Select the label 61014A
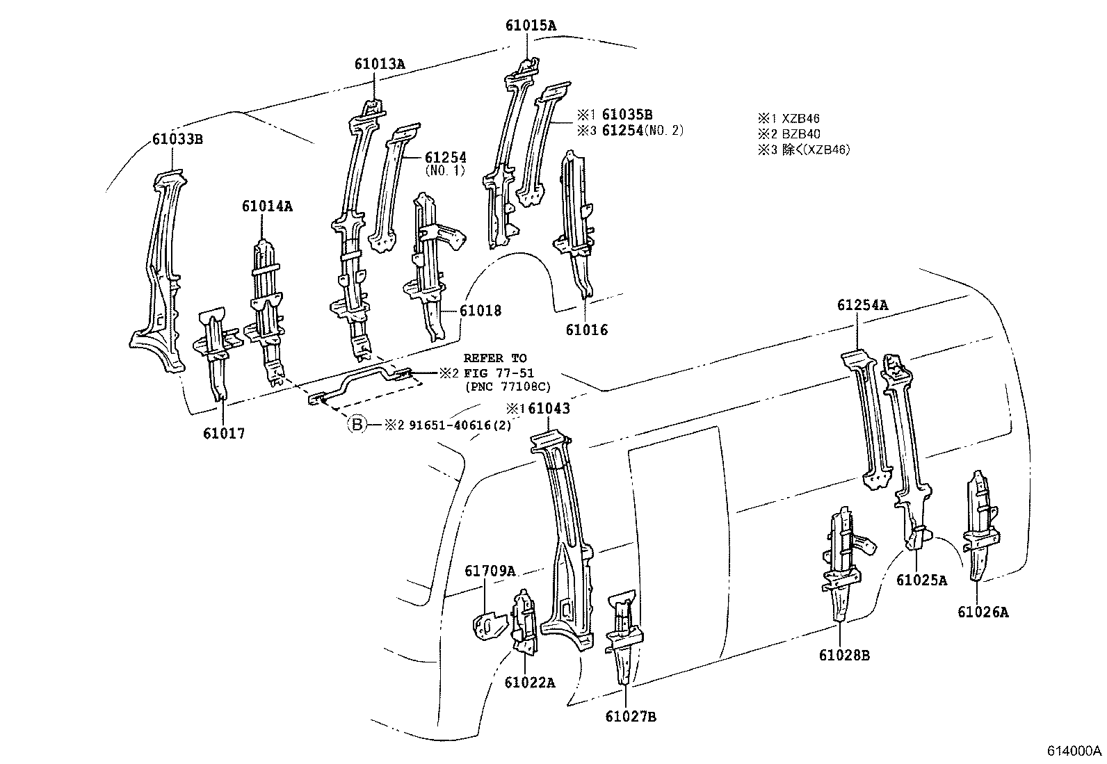267,206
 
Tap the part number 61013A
379,64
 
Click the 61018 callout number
479,311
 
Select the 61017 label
224,433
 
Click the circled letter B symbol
356,424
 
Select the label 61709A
490,571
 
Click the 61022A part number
530,682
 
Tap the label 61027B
630,717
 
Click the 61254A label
862,304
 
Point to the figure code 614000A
1074,751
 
